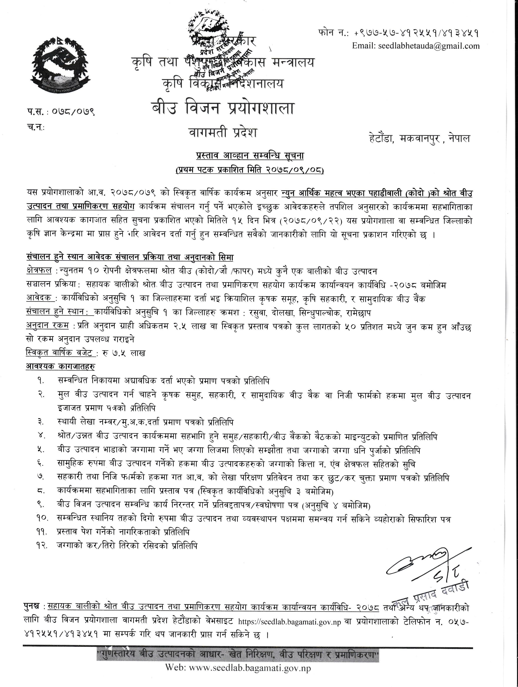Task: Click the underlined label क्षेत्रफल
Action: [39, 271]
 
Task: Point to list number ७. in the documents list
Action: [42, 477]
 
